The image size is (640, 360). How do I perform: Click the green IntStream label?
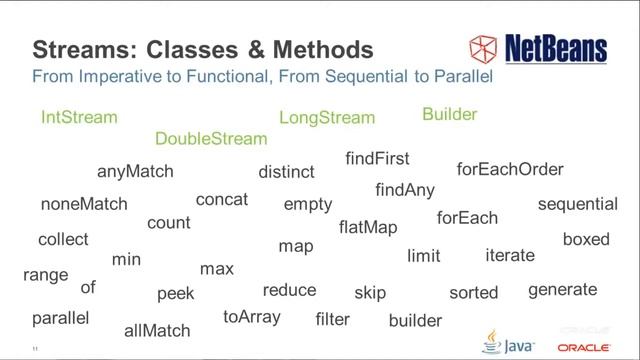pyautogui.click(x=79, y=117)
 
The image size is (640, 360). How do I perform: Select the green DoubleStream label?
pyautogui.click(x=211, y=139)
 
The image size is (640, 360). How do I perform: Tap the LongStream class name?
pyautogui.click(x=327, y=118)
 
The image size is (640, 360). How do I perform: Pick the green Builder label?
pyautogui.click(x=449, y=115)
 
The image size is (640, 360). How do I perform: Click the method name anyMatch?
pyautogui.click(x=135, y=171)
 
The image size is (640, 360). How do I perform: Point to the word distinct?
pyautogui.click(x=286, y=172)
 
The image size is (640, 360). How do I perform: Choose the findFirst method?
pyautogui.click(x=377, y=159)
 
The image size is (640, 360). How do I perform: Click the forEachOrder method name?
pyautogui.click(x=510, y=170)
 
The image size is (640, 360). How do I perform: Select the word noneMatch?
pyautogui.click(x=84, y=204)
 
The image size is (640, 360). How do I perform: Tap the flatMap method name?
pyautogui.click(x=368, y=227)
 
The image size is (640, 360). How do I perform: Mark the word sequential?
pyautogui.click(x=578, y=204)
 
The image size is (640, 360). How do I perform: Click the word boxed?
pyautogui.click(x=586, y=240)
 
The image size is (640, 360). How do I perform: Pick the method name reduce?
pyautogui.click(x=289, y=290)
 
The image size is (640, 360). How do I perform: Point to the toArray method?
pyautogui.click(x=252, y=317)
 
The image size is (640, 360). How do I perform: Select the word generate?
pyautogui.click(x=562, y=290)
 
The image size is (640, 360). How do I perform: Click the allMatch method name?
pyautogui.click(x=157, y=330)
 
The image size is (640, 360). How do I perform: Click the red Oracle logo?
pyautogui.click(x=585, y=347)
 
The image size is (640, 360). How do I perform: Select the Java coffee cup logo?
pyautogui.click(x=491, y=341)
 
